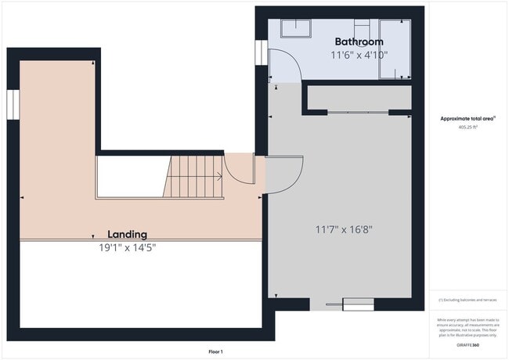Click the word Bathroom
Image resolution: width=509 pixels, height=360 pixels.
point(359,41)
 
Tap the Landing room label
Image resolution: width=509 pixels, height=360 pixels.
point(127,234)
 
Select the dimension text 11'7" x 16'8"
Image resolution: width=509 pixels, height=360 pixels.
point(343,229)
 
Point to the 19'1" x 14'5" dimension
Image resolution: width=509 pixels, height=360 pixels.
point(127,247)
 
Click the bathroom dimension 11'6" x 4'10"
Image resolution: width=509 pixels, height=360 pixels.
point(359,55)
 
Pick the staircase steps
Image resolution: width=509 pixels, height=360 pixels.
point(195,177)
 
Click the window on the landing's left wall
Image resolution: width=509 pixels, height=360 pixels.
point(13,105)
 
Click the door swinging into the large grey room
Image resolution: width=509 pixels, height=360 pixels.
point(287,171)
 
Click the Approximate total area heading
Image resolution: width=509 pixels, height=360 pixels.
point(467,118)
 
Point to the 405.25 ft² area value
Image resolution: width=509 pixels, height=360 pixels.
point(467,126)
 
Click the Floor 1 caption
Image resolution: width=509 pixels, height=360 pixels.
point(215,351)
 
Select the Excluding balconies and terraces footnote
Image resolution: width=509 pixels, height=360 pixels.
point(467,300)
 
